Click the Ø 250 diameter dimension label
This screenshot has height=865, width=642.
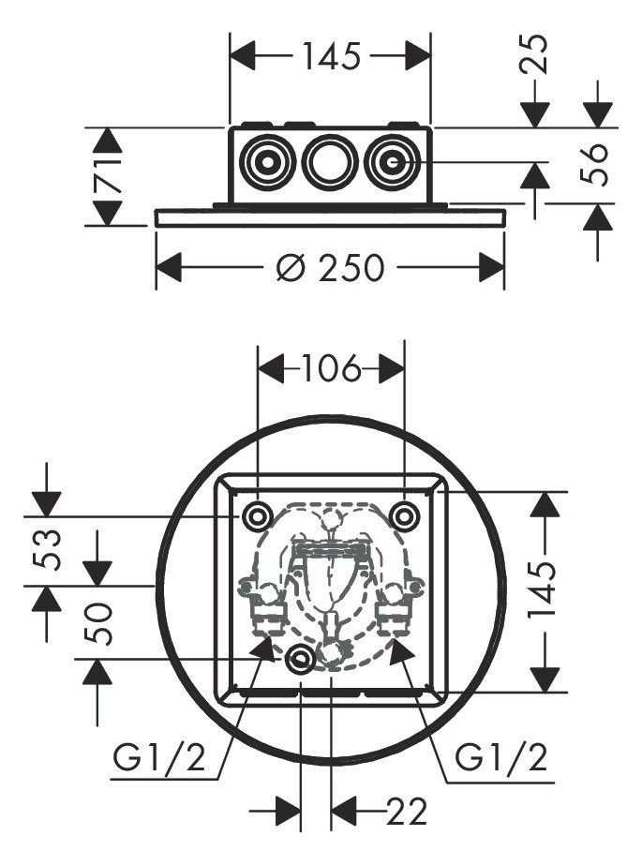pyautogui.click(x=331, y=269)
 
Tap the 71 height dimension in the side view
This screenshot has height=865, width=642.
pyautogui.click(x=109, y=176)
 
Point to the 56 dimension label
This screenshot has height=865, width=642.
pyautogui.click(x=597, y=165)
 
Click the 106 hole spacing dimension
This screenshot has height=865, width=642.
pyautogui.click(x=331, y=370)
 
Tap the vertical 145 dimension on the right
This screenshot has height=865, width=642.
pyautogui.click(x=545, y=592)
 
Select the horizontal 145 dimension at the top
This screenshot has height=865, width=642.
pyautogui.click(x=331, y=57)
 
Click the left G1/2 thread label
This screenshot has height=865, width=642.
pyautogui.click(x=158, y=756)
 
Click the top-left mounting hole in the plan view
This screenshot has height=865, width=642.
pyautogui.click(x=256, y=515)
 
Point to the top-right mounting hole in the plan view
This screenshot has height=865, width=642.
pyautogui.click(x=404, y=515)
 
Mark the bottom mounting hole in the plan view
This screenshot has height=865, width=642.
pyautogui.click(x=300, y=660)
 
